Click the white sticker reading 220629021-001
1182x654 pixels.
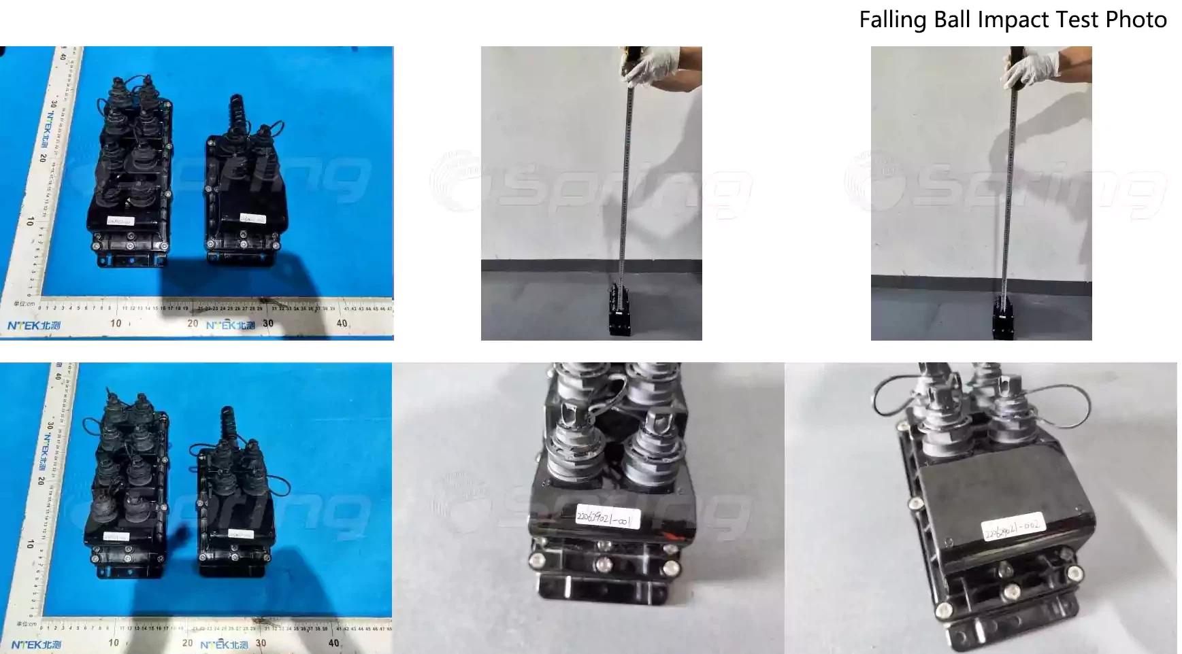[604, 518]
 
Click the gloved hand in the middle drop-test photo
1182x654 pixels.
[654, 65]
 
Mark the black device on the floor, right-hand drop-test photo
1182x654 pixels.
[1005, 317]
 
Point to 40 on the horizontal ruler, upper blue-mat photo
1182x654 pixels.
[342, 324]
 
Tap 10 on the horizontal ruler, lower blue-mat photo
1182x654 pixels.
[114, 642]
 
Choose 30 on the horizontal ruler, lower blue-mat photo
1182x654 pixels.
[261, 642]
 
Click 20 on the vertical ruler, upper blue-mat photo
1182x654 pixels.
[43, 158]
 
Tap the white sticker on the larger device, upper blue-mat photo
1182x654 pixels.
[120, 220]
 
